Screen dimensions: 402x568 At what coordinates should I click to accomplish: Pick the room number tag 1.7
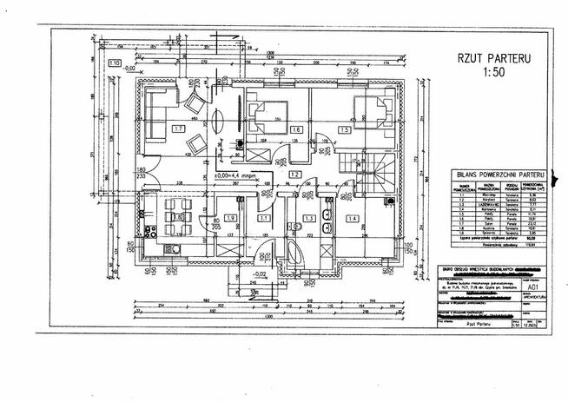tap(177, 129)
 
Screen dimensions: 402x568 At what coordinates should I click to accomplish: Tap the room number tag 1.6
tap(296, 129)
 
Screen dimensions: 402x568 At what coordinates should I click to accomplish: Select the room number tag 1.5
tap(345, 129)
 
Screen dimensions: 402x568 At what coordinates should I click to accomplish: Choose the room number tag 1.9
tap(230, 217)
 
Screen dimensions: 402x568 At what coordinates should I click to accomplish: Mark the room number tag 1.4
tap(353, 217)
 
